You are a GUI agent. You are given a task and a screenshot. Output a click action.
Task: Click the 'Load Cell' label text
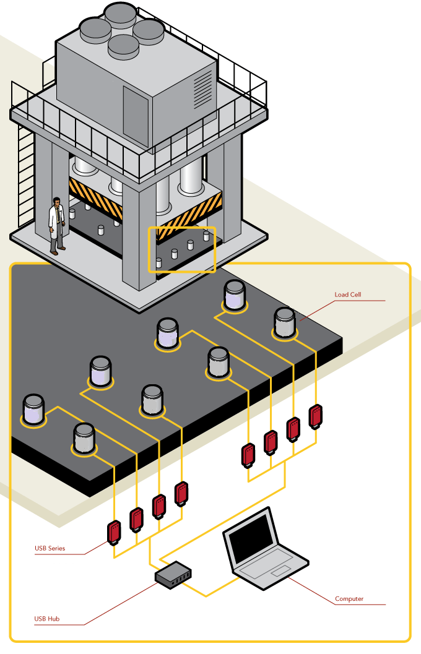(x=347, y=295)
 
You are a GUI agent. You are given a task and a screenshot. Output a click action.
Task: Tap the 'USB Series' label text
(x=50, y=548)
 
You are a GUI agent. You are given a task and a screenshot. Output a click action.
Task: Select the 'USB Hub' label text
(x=47, y=618)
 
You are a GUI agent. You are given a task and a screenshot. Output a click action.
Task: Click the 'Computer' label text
(x=349, y=599)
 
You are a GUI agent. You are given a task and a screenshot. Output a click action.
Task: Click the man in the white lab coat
(x=57, y=226)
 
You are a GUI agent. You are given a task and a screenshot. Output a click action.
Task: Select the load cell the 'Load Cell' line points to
(x=285, y=323)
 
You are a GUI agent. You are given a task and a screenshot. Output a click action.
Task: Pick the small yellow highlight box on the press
(x=181, y=249)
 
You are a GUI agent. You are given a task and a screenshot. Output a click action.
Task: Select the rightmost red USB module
(x=316, y=416)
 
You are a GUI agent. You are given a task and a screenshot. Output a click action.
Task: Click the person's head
(x=57, y=202)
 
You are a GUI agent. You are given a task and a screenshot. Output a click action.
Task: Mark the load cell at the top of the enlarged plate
(x=235, y=295)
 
